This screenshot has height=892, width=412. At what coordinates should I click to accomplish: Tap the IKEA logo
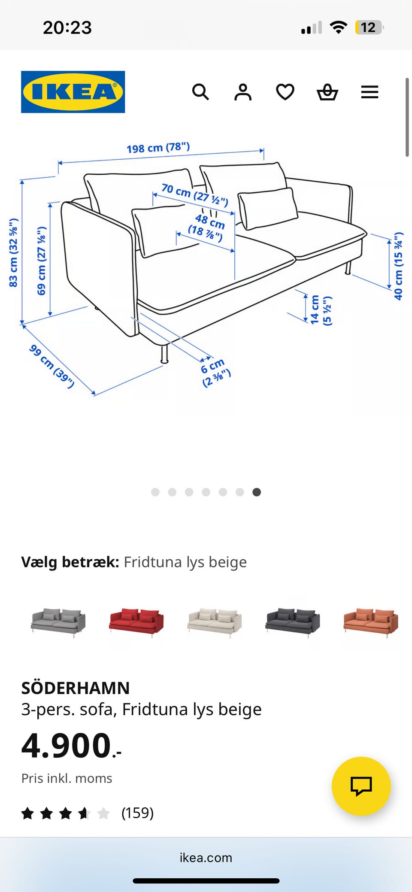click(x=73, y=92)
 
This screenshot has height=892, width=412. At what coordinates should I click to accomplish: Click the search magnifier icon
click(x=200, y=92)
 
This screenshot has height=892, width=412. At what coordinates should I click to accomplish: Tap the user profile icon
click(x=243, y=92)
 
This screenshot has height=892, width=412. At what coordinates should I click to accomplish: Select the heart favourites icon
click(x=285, y=92)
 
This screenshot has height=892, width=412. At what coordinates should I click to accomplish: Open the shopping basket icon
click(x=327, y=92)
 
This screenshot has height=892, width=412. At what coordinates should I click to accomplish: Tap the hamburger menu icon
click(x=370, y=92)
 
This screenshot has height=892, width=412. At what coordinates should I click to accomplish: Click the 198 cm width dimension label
click(x=158, y=148)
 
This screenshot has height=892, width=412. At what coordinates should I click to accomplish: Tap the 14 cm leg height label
click(x=320, y=310)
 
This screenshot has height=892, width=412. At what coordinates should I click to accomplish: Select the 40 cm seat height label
click(x=399, y=266)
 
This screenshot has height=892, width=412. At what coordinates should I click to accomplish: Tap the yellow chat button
click(x=361, y=786)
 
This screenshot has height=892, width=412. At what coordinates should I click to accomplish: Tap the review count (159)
click(x=137, y=813)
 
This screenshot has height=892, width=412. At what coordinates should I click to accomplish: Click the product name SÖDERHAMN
click(x=76, y=688)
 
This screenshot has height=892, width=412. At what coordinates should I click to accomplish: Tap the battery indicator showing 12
click(x=368, y=27)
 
